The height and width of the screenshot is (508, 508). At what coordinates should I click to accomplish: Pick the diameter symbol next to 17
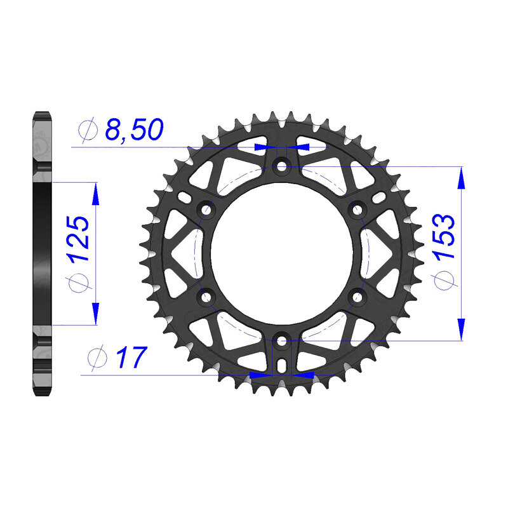(97, 359)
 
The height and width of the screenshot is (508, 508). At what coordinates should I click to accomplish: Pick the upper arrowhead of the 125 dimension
(96, 195)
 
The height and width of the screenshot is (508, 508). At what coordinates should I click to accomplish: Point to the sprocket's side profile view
(41, 254)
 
